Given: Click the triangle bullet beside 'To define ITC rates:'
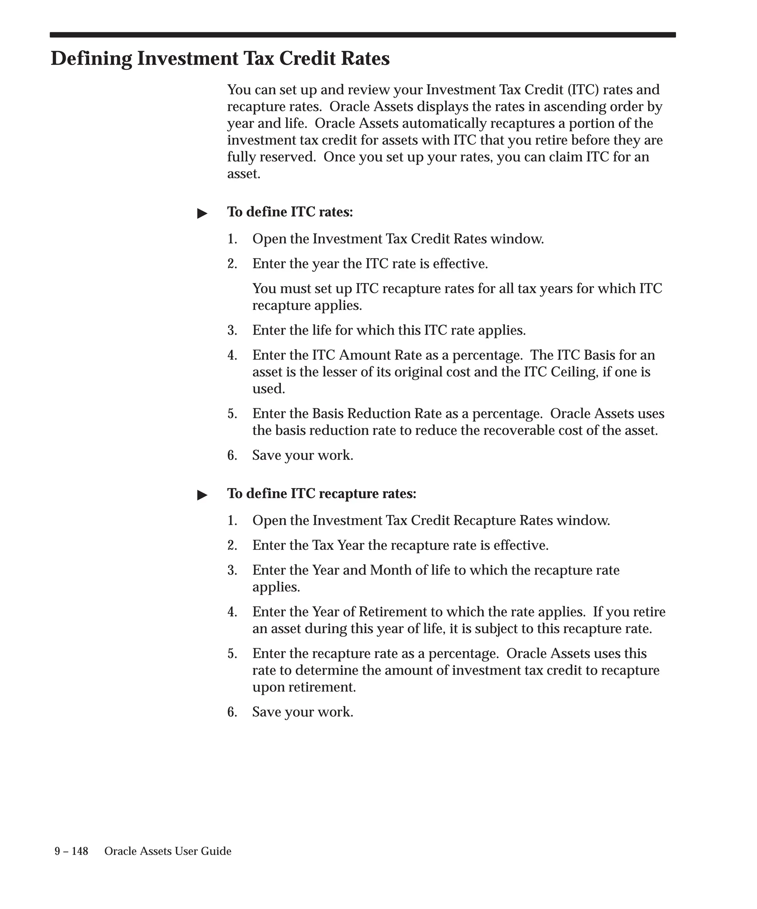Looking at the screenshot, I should tap(202, 213).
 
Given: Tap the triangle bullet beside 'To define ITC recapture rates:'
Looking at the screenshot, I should tap(202, 495).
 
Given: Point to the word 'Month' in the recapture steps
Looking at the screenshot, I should tap(391, 570).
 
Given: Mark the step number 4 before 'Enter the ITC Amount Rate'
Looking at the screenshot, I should tap(232, 355).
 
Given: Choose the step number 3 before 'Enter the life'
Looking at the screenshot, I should tap(232, 331).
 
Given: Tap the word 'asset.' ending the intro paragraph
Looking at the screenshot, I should tap(244, 174).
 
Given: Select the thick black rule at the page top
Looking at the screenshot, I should tap(363, 35).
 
